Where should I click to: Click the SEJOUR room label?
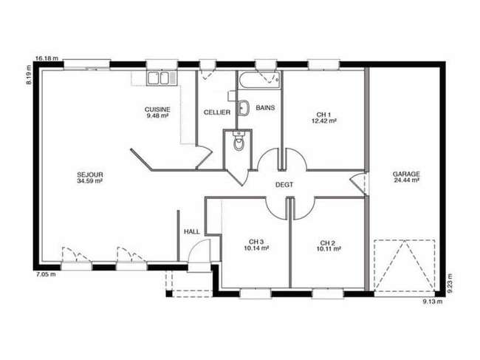tap(89, 174)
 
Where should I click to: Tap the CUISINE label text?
tap(157, 109)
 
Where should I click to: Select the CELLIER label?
tap(216, 112)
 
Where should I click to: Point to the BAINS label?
tap(265, 107)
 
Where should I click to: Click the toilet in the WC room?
tap(238, 140)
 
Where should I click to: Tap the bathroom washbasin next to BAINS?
tap(244, 108)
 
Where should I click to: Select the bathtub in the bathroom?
tap(260, 80)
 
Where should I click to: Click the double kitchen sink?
tap(162, 78)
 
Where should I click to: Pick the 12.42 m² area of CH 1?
tap(324, 120)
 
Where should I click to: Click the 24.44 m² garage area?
tap(406, 180)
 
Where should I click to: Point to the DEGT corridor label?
tap(284, 185)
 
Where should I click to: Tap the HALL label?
tap(192, 231)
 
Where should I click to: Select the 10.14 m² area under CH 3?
tap(256, 248)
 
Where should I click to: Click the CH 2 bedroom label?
tap(328, 243)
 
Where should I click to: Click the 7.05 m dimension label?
tap(46, 274)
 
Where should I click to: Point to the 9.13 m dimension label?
tap(433, 302)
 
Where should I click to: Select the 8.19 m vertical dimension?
tap(29, 75)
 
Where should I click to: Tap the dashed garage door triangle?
tap(404, 265)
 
